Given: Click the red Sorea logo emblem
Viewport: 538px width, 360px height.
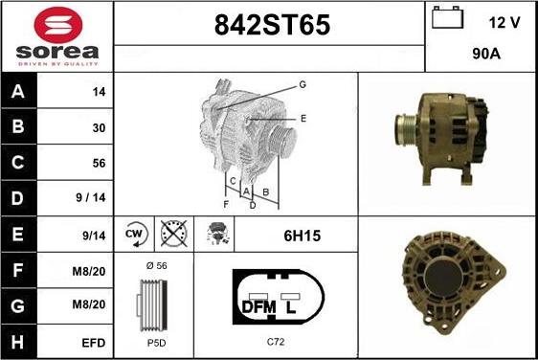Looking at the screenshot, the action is click(x=58, y=25).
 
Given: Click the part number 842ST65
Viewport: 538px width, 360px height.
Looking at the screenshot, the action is click(x=272, y=25).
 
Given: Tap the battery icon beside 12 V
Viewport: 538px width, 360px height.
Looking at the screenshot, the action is click(x=447, y=17).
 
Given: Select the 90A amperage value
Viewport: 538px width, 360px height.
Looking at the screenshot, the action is click(x=486, y=54).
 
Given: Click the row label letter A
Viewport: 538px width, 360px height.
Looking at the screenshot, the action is click(x=18, y=91).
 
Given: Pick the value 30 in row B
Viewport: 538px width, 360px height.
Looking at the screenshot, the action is click(x=99, y=128).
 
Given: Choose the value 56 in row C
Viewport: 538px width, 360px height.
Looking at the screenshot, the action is click(x=99, y=163).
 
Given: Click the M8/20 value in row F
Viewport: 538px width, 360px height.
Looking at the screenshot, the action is click(x=88, y=272).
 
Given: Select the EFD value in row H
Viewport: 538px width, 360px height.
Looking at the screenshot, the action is click(x=93, y=343).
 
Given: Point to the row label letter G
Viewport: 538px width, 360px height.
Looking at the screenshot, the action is click(x=18, y=305).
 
